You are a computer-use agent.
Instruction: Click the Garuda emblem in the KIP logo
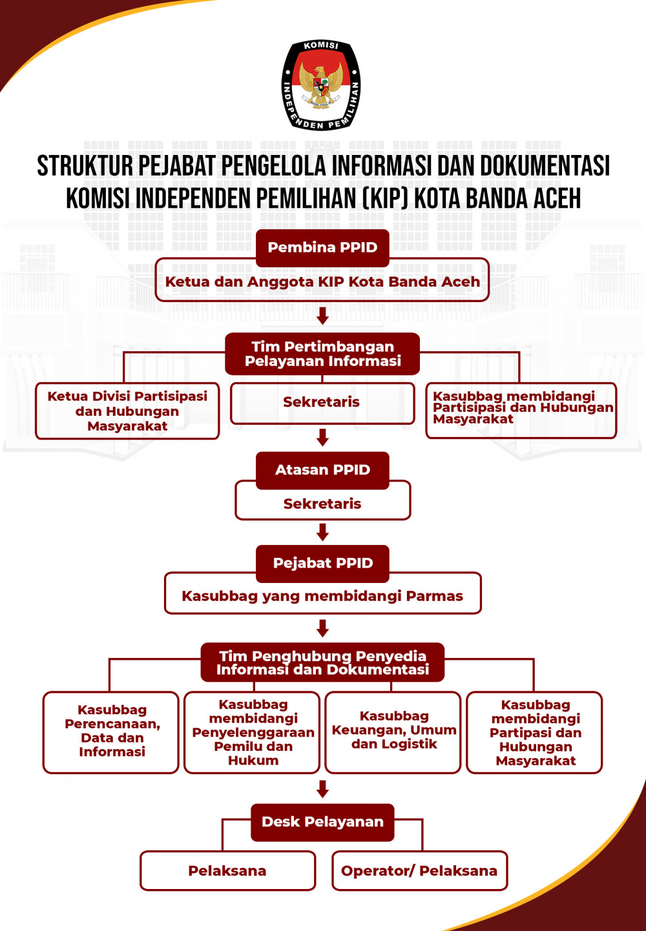click(x=320, y=86)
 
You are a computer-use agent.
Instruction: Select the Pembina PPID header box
click(x=322, y=248)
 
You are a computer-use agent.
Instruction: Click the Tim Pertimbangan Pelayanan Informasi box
click(x=322, y=354)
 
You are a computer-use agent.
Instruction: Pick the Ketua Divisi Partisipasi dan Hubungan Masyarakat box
click(x=127, y=411)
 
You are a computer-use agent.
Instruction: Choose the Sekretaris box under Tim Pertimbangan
click(x=322, y=403)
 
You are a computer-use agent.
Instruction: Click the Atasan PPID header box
click(x=322, y=470)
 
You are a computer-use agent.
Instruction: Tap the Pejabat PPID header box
click(x=322, y=564)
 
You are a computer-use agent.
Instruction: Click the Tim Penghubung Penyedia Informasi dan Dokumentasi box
click(x=322, y=662)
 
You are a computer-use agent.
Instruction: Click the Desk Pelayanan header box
click(x=322, y=823)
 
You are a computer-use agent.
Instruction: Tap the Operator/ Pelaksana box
click(x=420, y=871)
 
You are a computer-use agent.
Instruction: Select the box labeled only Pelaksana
click(x=228, y=871)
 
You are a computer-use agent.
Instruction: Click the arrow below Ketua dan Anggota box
click(x=322, y=316)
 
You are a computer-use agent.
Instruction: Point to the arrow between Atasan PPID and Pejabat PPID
click(x=322, y=532)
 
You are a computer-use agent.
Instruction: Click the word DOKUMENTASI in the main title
click(x=545, y=165)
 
